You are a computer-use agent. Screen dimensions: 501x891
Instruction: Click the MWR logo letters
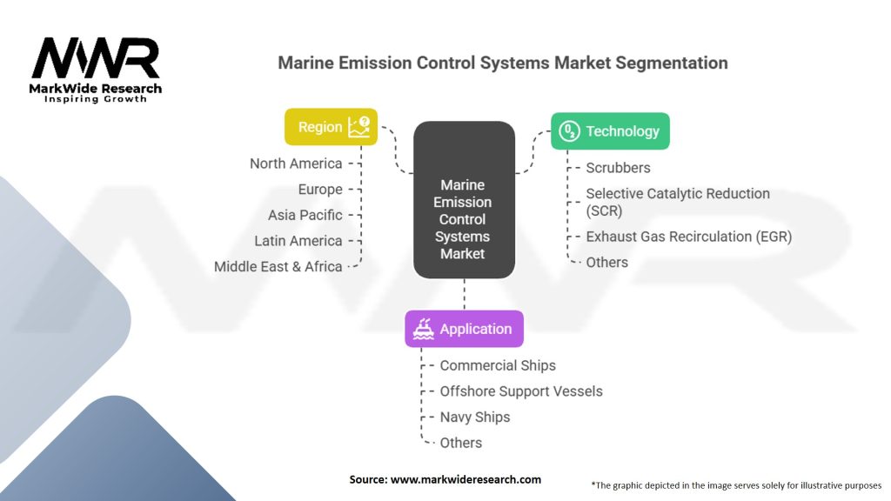tap(96, 58)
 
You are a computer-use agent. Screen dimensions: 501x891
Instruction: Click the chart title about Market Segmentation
tap(502, 63)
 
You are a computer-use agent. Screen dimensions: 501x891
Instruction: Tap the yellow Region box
tap(331, 127)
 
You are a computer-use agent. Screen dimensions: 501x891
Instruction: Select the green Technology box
tap(610, 131)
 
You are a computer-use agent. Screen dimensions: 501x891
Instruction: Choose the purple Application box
tap(464, 329)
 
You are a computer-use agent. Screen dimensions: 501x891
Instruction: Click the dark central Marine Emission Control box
tap(463, 200)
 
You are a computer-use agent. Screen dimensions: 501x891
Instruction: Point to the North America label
tap(296, 164)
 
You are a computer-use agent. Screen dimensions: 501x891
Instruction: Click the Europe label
tap(319, 190)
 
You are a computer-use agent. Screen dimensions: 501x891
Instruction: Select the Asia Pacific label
tap(305, 215)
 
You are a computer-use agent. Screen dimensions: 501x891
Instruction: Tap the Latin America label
tap(298, 241)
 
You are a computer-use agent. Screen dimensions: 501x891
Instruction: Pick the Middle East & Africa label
tap(278, 266)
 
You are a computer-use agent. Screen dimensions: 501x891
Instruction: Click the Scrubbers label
tap(618, 167)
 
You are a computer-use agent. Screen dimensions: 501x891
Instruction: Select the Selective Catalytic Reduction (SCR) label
tap(677, 202)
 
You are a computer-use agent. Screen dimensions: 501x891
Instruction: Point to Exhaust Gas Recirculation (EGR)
tap(688, 237)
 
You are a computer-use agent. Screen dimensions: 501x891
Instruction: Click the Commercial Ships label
tap(498, 365)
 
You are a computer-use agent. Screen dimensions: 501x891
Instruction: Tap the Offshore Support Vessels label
tap(521, 391)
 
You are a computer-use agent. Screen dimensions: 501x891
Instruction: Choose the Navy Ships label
tap(475, 417)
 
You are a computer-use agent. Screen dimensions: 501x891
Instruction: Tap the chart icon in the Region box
tap(358, 127)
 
